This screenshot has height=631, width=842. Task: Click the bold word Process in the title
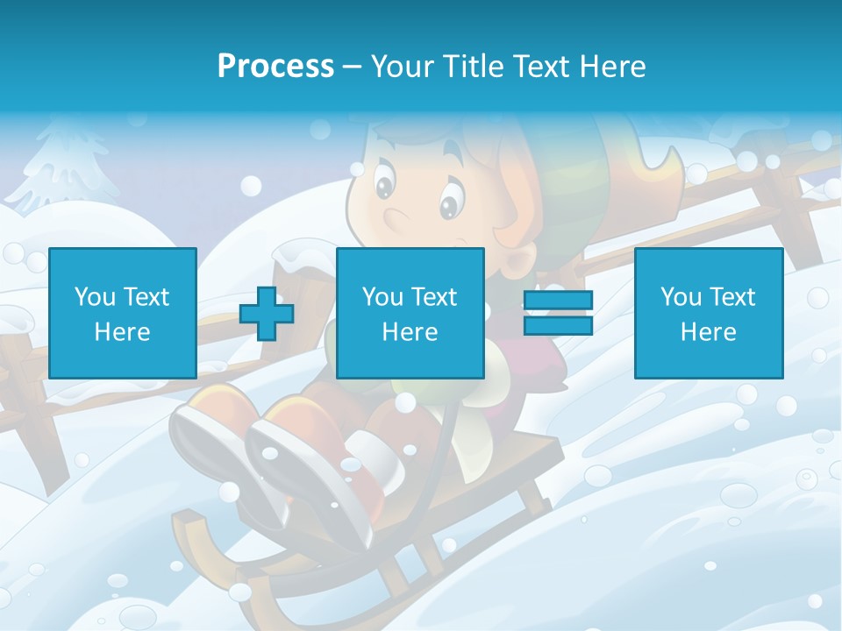(275, 67)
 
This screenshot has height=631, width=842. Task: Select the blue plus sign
(267, 313)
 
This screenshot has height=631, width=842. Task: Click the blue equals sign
(558, 313)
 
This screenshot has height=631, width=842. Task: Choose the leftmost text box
(123, 313)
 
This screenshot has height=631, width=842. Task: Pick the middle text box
(410, 313)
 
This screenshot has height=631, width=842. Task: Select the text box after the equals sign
(708, 313)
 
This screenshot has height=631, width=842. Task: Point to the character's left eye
(385, 187)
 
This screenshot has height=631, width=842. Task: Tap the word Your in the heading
(401, 67)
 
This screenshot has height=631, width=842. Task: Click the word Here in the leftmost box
(123, 332)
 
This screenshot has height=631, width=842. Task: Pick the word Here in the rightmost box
(708, 332)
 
